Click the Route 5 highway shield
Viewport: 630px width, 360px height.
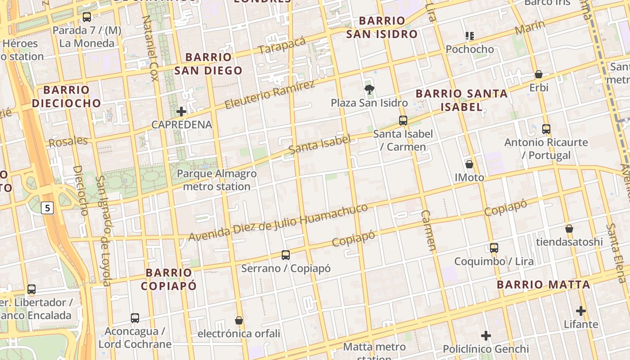[x=48, y=207]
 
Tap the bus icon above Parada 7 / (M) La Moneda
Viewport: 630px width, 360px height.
[x=87, y=17]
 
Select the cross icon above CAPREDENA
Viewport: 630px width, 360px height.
[x=181, y=111]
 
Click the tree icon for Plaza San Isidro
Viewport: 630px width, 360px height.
[x=369, y=89]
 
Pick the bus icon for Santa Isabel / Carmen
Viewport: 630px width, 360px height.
[x=403, y=120]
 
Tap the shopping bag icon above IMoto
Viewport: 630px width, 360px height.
[x=469, y=164]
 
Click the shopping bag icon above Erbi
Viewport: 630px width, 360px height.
[x=539, y=74]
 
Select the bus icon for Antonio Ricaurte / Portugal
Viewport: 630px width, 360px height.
[x=546, y=129]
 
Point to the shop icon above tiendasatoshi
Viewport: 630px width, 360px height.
[x=569, y=229]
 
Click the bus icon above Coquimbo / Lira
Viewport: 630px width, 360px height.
[x=494, y=247]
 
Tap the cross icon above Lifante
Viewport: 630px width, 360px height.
[x=581, y=310]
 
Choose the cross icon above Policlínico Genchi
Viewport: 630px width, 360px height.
[x=486, y=335]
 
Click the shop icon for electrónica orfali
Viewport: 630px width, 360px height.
[x=239, y=320]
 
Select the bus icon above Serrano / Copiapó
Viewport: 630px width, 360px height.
[x=286, y=255]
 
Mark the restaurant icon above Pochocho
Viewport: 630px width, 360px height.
[x=470, y=36]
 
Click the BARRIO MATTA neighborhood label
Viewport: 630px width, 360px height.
[x=543, y=284]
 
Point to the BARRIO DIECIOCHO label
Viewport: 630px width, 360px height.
[x=67, y=96]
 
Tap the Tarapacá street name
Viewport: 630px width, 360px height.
[x=283, y=45]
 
